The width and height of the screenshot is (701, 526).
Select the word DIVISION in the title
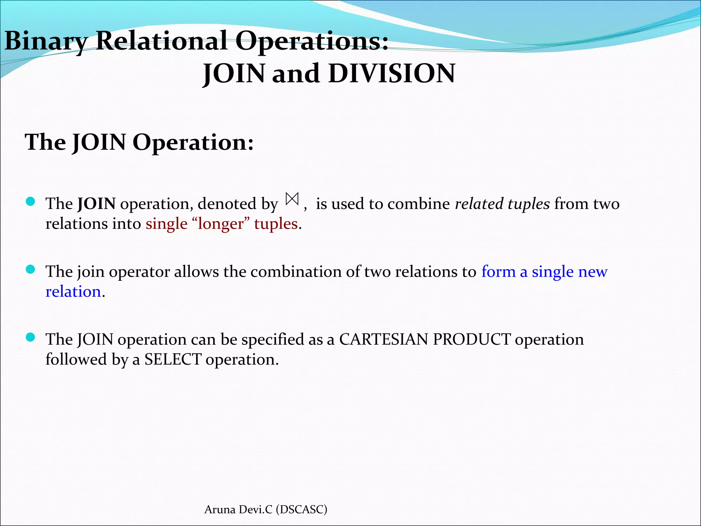coord(392,74)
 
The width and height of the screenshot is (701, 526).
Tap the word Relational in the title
coord(161,41)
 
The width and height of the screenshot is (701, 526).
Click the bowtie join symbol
coord(292,199)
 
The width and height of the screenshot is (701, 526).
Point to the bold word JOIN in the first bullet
coord(97,204)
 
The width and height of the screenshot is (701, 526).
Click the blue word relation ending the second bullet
coord(73,292)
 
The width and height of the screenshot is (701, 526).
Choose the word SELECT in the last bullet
coord(173,360)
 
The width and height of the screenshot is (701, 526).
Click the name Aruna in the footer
coord(219,510)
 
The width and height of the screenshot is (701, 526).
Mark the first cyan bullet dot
coord(30,202)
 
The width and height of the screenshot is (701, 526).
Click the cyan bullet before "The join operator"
coord(30,270)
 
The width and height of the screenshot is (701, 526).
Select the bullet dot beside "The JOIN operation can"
coord(30,338)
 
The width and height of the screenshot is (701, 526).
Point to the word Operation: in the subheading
coord(193,142)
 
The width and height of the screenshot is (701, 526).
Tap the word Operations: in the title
coord(312,41)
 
